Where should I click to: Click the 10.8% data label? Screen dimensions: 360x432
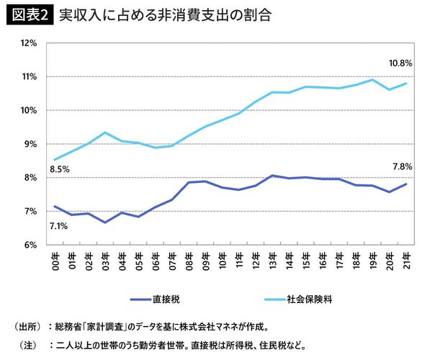point(400,63)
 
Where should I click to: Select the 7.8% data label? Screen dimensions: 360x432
point(402,166)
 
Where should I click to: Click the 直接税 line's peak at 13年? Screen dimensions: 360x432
point(273,176)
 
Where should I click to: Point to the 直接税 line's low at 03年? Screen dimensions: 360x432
point(105,222)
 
